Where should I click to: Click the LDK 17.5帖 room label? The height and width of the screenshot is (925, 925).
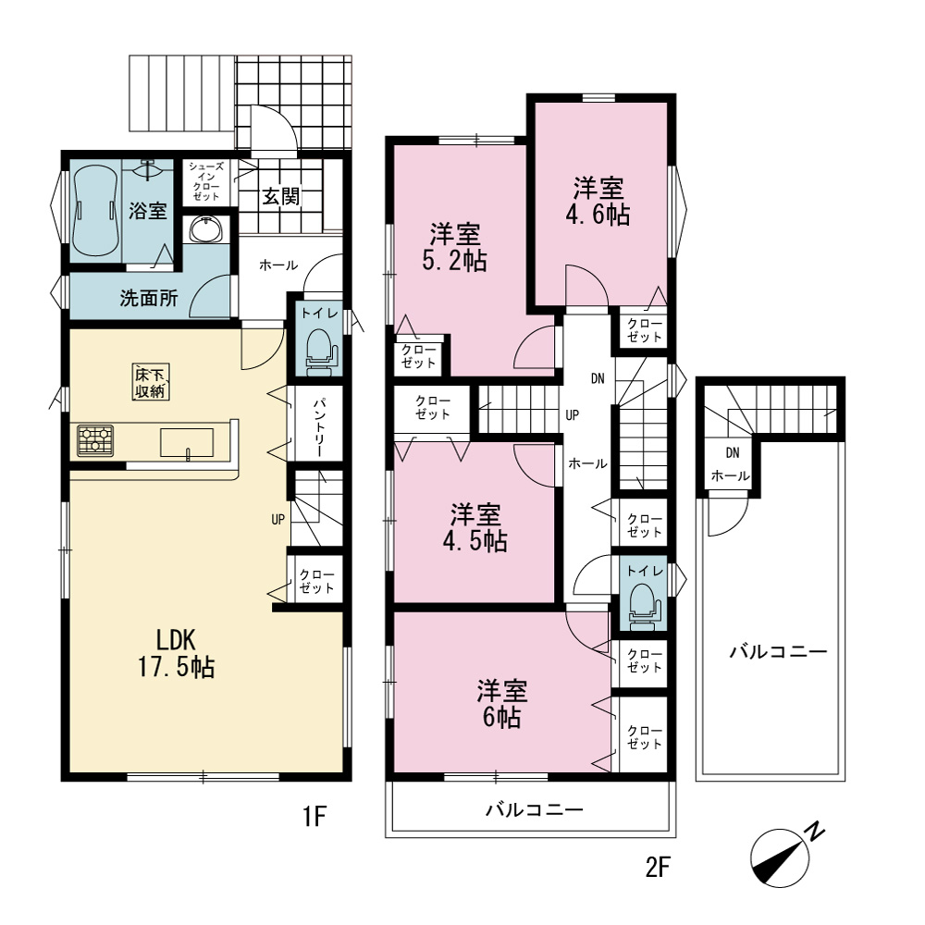coord(176,653)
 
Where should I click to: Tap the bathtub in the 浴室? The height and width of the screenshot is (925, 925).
coord(94,210)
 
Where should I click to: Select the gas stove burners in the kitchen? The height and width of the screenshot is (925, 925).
coord(95,440)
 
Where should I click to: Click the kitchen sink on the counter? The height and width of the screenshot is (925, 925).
coord(187,442)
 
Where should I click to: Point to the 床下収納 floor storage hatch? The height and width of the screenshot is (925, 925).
coord(151,382)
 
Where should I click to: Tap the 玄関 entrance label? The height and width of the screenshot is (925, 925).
coord(281,196)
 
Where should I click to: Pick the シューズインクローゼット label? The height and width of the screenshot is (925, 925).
coord(206,181)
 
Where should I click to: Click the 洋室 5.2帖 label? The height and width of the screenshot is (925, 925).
coord(454,247)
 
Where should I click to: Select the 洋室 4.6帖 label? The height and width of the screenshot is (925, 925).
coord(598,201)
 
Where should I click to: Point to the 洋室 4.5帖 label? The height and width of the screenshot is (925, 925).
coord(475,527)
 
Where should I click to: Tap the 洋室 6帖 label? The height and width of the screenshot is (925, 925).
coord(502,704)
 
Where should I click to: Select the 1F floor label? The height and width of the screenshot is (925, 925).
coord(314,817)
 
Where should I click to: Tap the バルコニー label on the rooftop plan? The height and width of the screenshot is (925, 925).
coord(779,652)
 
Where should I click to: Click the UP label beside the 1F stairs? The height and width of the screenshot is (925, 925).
coord(277,520)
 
